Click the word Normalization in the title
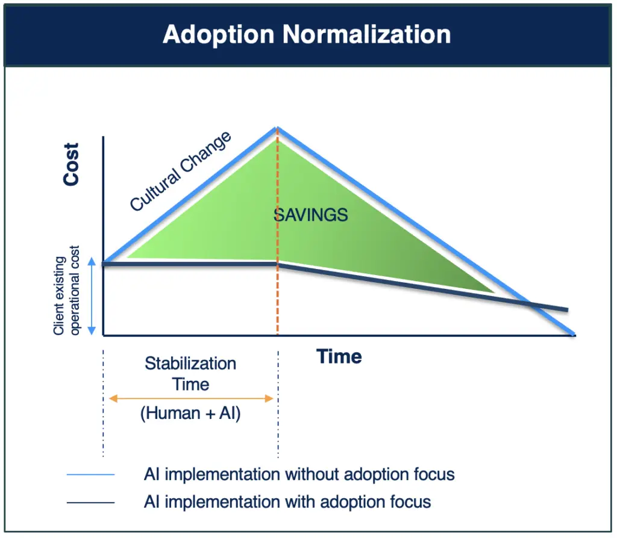tap(366, 34)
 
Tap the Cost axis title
tap(71, 164)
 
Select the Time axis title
tap(339, 356)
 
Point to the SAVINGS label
tap(311, 215)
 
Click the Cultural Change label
tap(181, 172)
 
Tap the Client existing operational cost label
tap(66, 291)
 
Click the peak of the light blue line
tap(277, 128)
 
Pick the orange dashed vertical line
tap(277, 231)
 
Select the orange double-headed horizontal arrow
tap(191, 398)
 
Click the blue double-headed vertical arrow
tap(92, 296)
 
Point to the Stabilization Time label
tap(190, 374)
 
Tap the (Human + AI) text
tap(190, 413)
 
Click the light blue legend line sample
tap(90, 475)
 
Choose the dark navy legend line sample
tap(90, 502)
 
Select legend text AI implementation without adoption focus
tap(299, 474)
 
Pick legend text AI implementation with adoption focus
tap(287, 502)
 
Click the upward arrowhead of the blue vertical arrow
tap(92, 261)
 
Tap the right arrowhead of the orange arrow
tap(269, 398)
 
